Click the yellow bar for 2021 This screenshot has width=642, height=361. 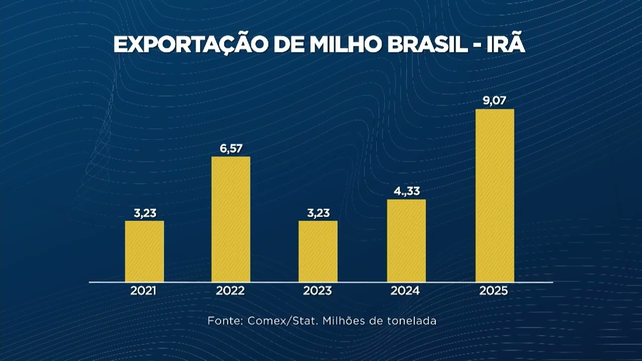144,251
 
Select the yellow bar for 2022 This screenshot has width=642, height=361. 231,219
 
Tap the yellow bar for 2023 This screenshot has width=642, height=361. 318,251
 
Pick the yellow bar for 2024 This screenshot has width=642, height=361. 406,241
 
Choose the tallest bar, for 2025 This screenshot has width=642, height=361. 495,196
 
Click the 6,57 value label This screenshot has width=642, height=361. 231,149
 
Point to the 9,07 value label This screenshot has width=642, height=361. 495,101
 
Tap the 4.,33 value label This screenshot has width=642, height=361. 406,192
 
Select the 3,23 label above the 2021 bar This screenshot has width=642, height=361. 144,213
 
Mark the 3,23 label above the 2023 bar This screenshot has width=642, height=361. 318,213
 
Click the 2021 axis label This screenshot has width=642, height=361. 144,291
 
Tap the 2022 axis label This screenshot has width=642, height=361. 231,291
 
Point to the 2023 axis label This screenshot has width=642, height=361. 318,291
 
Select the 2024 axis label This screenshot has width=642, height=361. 406,291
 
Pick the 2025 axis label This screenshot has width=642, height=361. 495,291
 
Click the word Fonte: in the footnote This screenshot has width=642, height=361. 225,321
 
